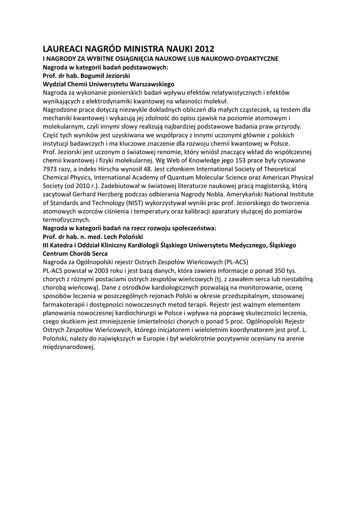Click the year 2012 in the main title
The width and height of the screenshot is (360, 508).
tap(204, 49)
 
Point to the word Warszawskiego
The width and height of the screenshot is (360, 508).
tap(148, 84)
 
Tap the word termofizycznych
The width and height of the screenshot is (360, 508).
tap(67, 219)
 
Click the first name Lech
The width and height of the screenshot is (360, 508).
tap(110, 236)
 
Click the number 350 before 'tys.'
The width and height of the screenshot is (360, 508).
tap(275, 270)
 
